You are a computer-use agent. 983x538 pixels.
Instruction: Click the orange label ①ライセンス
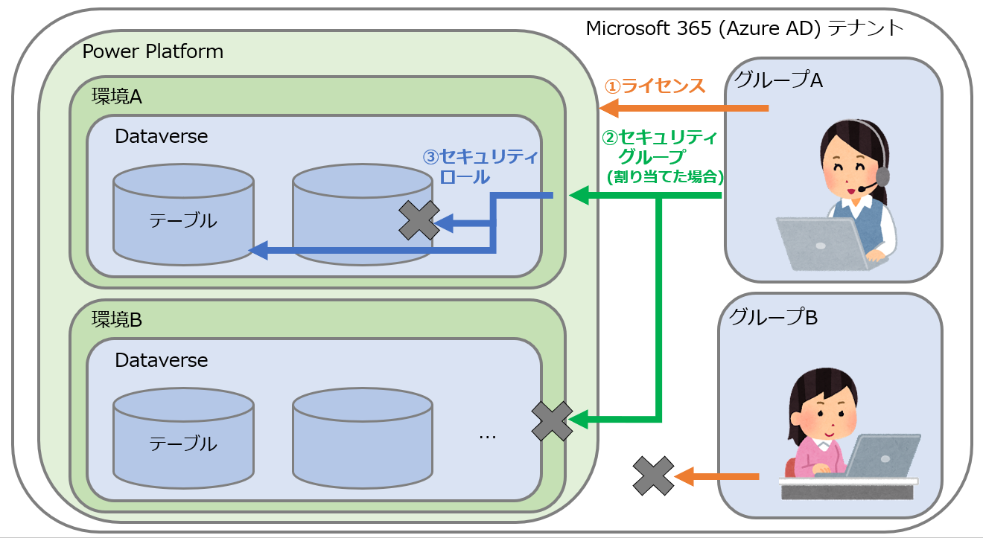654,86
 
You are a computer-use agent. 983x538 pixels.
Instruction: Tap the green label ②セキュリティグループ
660,147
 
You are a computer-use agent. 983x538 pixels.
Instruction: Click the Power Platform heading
153,51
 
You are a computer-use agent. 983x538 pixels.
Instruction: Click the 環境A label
117,97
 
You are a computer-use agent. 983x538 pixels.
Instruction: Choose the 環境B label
117,320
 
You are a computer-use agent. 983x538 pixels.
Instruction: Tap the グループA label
778,80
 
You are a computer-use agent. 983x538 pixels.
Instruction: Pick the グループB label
774,318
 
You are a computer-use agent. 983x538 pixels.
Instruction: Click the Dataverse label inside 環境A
162,136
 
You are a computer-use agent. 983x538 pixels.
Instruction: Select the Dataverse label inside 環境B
162,360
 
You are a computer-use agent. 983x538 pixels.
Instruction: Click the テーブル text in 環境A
183,221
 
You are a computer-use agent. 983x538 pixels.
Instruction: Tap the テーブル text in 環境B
183,444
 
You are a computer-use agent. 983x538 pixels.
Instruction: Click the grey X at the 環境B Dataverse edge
552,421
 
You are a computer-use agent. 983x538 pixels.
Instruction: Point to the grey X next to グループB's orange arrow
653,476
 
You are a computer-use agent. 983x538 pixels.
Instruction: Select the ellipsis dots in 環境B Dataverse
488,435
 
